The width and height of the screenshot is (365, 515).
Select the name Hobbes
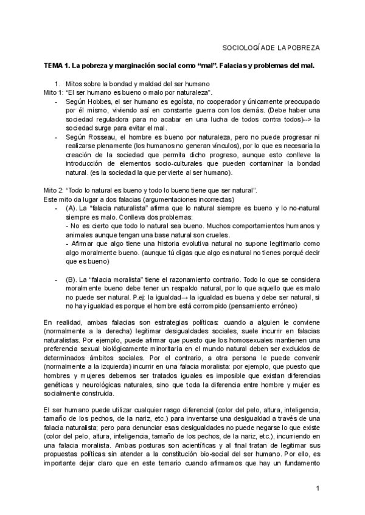pos(97,101)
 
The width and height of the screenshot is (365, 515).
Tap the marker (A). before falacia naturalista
pos(70,208)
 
